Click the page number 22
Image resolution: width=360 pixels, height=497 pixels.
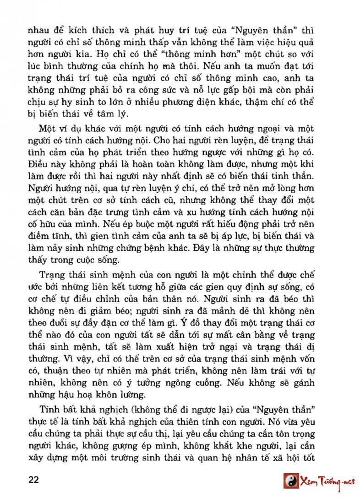34,480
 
